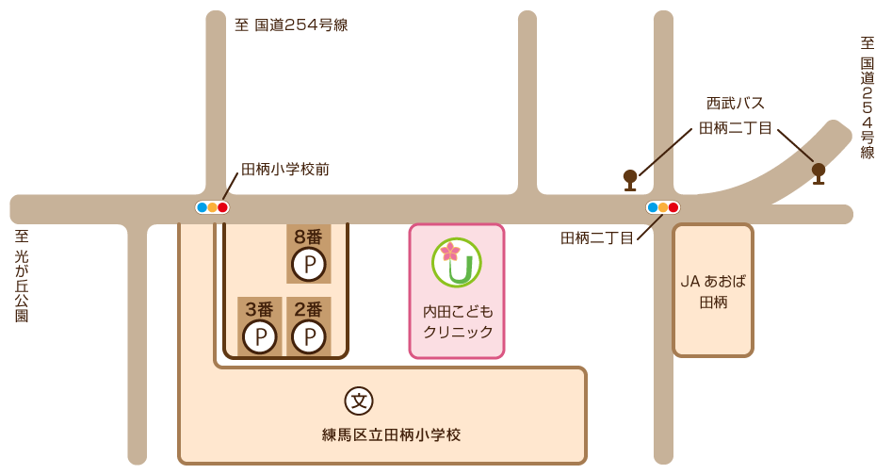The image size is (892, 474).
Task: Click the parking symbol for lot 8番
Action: [308, 265]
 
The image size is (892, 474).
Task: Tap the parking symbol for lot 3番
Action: [259, 336]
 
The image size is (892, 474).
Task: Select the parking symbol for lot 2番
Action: [308, 336]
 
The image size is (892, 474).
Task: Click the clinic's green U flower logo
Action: [457, 262]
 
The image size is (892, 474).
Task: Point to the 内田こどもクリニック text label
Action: [458, 321]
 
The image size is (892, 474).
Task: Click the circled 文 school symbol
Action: [359, 400]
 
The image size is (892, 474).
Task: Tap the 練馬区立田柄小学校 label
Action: [391, 435]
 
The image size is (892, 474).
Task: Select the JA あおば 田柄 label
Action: [713, 291]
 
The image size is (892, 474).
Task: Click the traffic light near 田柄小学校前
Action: [212, 207]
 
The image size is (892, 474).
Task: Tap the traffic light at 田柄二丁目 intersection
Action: [663, 207]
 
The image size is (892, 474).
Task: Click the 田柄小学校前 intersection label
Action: [285, 170]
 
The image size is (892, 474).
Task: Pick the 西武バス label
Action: [736, 104]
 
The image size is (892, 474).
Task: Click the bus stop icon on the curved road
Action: [819, 172]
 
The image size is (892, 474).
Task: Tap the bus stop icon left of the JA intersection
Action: [630, 178]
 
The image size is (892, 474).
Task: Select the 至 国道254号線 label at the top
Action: [291, 25]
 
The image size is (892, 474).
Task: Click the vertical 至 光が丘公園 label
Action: [21, 277]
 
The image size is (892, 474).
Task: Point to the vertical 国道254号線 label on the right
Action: [867, 99]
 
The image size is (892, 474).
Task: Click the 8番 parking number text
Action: [308, 237]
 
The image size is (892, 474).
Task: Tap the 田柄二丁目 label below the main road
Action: [597, 238]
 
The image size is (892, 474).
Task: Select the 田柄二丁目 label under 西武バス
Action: [735, 128]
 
